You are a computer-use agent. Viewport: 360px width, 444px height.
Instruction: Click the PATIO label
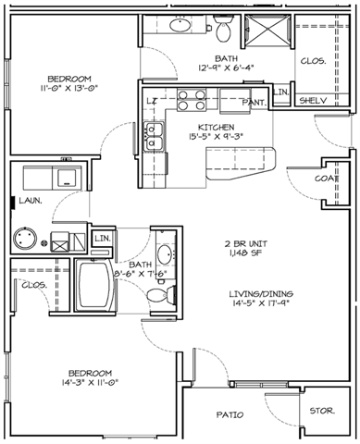tap(230, 415)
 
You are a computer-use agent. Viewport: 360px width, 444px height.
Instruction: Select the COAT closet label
tap(324, 178)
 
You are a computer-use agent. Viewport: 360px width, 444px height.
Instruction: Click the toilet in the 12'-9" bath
tap(222, 31)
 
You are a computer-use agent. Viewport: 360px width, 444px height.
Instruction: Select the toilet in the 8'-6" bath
tap(158, 295)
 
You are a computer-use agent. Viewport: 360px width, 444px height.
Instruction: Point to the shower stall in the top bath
tap(270, 34)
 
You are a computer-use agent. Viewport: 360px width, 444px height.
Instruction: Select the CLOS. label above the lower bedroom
tap(35, 286)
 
